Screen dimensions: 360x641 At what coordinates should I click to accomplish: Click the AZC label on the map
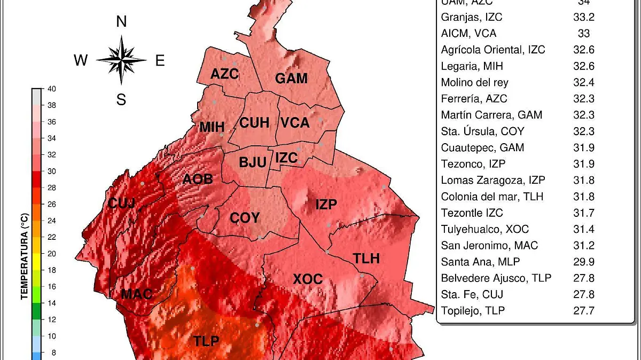224,74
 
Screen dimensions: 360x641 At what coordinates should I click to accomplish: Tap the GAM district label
291,79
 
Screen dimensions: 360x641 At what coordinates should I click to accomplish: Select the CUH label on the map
254,123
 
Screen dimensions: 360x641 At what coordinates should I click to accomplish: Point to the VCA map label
295,123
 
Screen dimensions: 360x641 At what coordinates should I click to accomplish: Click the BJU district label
252,162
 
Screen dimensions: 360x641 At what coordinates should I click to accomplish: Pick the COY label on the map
245,218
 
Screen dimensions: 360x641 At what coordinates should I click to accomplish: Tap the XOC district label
308,279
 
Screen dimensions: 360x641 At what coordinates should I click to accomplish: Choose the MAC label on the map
137,294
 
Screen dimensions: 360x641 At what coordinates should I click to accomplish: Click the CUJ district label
122,203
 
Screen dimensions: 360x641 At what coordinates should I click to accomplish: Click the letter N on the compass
121,22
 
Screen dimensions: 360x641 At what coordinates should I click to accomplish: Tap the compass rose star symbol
122,60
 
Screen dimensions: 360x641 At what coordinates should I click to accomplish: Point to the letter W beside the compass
81,61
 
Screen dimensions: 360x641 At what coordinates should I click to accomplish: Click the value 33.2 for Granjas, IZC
583,17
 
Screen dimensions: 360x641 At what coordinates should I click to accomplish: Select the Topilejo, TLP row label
473,310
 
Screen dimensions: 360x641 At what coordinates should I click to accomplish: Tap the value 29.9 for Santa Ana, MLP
583,262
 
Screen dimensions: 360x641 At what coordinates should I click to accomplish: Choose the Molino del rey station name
474,82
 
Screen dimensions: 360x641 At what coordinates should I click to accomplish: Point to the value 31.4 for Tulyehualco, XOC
583,229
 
